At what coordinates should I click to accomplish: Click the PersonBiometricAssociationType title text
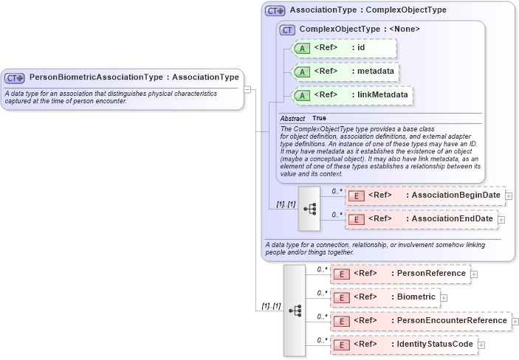(134, 77)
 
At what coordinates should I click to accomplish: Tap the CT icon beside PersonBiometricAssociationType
(15, 77)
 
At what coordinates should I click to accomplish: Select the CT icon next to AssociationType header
(275, 11)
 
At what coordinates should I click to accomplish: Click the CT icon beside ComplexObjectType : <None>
(287, 30)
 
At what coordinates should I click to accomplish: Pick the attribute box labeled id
(345, 49)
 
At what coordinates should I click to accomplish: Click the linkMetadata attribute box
(352, 95)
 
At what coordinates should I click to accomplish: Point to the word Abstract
(292, 118)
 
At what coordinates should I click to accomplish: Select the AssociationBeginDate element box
(425, 195)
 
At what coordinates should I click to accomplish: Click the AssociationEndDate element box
(421, 219)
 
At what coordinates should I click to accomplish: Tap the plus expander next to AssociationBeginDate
(509, 195)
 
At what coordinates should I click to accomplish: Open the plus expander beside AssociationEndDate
(501, 219)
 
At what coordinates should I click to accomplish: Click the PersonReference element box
(399, 274)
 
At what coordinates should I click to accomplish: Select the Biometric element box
(385, 297)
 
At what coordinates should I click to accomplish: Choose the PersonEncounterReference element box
(420, 321)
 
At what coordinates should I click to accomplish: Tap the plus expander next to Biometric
(444, 297)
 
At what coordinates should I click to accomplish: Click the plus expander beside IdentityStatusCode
(481, 345)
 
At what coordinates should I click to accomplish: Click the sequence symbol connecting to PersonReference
(295, 310)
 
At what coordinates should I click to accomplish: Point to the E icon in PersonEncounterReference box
(342, 321)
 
